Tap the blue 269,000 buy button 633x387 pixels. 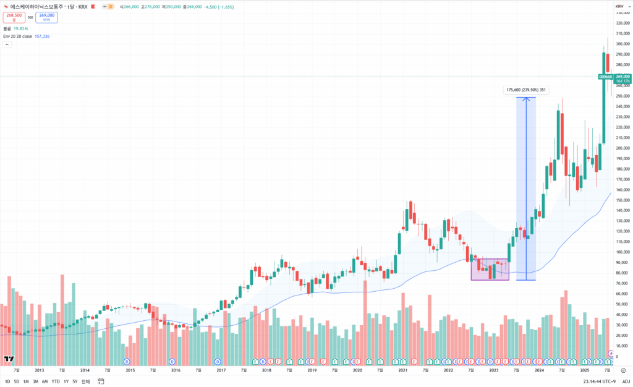[x=46, y=17]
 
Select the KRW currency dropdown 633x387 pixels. [x=619, y=7]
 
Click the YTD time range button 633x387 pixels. [x=56, y=381]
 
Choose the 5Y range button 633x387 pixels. [x=75, y=381]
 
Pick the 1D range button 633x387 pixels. [x=7, y=381]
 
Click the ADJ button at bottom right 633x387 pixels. [x=626, y=381]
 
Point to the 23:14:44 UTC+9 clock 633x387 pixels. [x=600, y=381]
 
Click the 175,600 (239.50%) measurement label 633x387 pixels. [x=525, y=90]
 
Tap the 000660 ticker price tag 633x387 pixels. [x=605, y=77]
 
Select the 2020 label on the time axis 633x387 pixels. [x=357, y=370]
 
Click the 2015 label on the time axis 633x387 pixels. [x=130, y=370]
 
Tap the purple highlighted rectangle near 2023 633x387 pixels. [x=490, y=270]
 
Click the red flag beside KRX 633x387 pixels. [x=92, y=7]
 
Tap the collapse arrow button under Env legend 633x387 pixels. [x=7, y=45]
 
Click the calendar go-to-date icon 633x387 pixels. [x=101, y=381]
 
